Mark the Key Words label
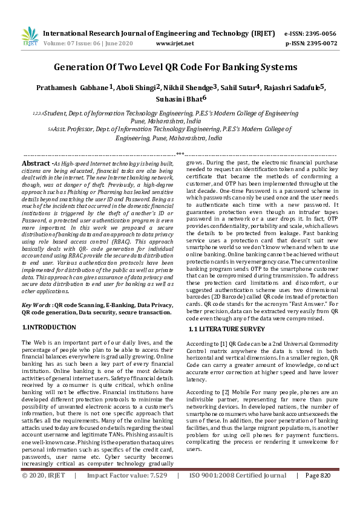point(36,306)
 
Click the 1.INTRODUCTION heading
point(49,327)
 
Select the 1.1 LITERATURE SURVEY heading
point(227,329)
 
